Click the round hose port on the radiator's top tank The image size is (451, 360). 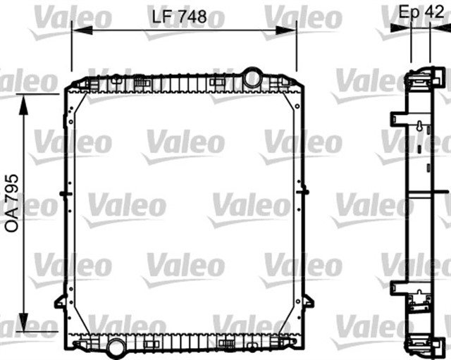[x=252, y=75]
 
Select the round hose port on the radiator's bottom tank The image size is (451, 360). [x=116, y=345]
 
